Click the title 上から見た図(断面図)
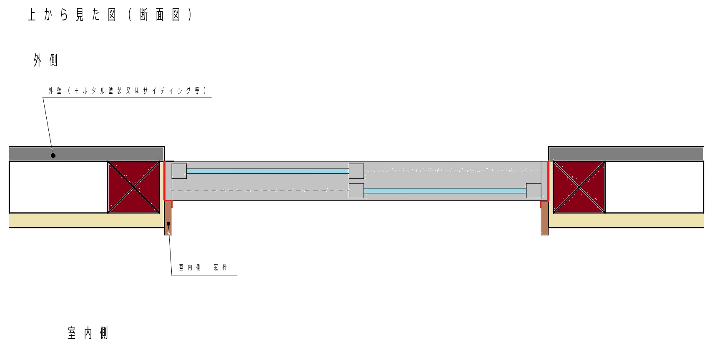pyautogui.click(x=110, y=15)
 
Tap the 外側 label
pyautogui.click(x=45, y=61)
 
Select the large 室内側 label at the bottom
pyautogui.click(x=88, y=333)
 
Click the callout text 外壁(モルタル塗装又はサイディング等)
pyautogui.click(x=127, y=91)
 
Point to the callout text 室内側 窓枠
pyautogui.click(x=203, y=267)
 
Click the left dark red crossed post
pyautogui.click(x=134, y=187)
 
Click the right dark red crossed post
pyautogui.click(x=579, y=187)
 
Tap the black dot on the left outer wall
pyautogui.click(x=53, y=156)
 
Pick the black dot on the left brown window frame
pyautogui.click(x=168, y=224)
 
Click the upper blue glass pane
pyautogui.click(x=268, y=171)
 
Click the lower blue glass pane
pyautogui.click(x=445, y=191)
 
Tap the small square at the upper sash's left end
pyautogui.click(x=179, y=171)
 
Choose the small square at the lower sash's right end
pyautogui.click(x=534, y=191)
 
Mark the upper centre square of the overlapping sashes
pyautogui.click(x=356, y=171)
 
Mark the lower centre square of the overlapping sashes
pyautogui.click(x=356, y=191)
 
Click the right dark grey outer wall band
pyautogui.click(x=625, y=154)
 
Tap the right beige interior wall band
pyautogui.click(x=625, y=220)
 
